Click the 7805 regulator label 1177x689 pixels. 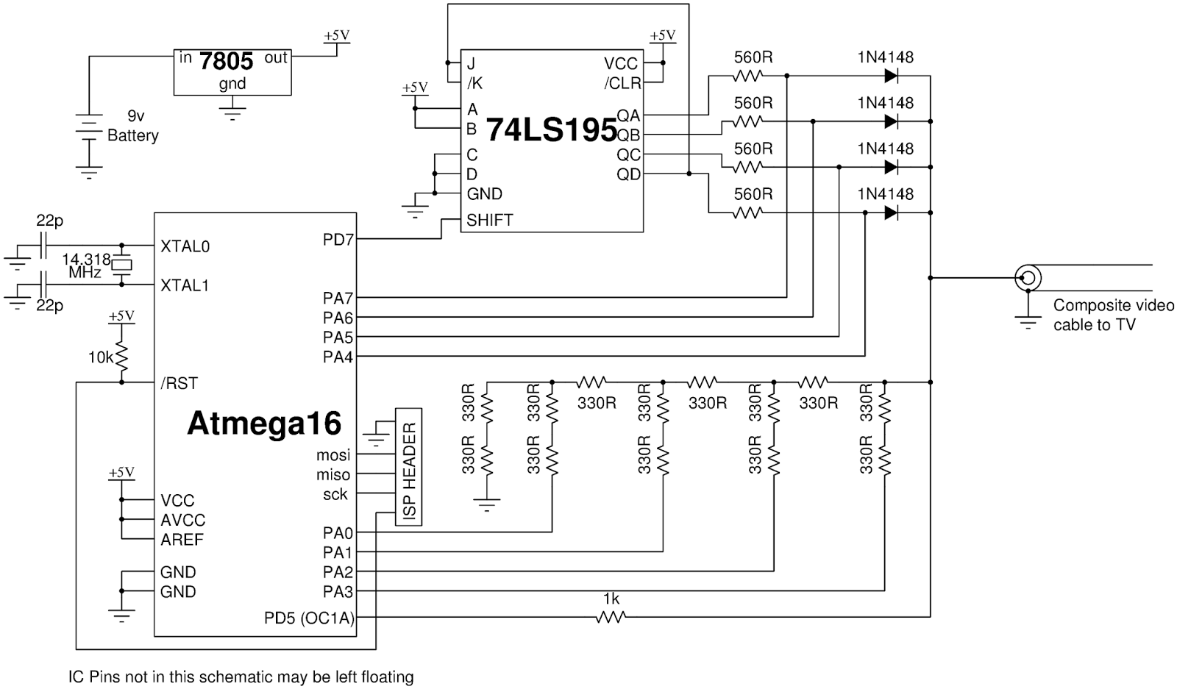coord(226,61)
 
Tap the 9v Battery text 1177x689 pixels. coord(133,126)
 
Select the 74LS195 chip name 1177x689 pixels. coord(552,130)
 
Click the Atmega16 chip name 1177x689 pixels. coord(264,424)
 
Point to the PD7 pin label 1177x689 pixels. coord(338,240)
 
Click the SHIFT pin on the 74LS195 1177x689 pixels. coord(490,220)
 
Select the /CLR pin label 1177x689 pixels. coord(622,83)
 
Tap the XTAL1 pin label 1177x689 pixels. coord(185,285)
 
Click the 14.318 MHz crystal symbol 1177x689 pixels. coord(123,265)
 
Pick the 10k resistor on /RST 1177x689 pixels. coord(121,357)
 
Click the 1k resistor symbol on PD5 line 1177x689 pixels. coord(611,618)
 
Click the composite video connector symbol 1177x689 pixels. coord(1028,278)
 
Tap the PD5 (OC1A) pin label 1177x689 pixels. coord(309,618)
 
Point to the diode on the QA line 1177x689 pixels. coord(891,76)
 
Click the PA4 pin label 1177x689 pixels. coord(338,357)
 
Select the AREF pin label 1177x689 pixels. coord(182,540)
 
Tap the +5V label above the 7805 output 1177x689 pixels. coord(336,35)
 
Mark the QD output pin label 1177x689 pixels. coord(629,174)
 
